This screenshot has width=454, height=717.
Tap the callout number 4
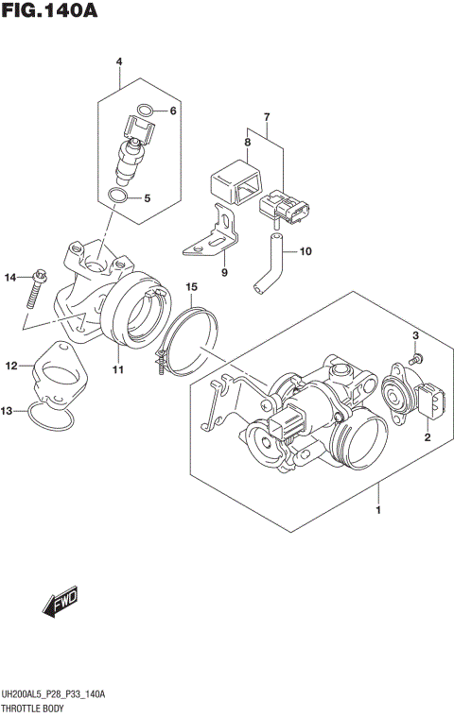click(120, 62)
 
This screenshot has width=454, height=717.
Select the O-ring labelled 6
click(143, 111)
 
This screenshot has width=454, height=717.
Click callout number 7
click(267, 117)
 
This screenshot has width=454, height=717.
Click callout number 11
click(119, 369)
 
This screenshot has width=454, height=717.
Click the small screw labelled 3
click(418, 359)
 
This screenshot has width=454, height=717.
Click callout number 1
click(378, 511)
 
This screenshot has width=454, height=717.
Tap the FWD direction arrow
click(60, 600)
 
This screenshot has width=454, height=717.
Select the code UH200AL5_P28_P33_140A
click(53, 694)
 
